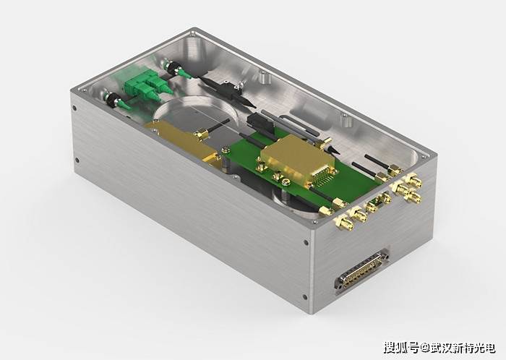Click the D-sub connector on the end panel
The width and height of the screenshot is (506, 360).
tap(362, 271)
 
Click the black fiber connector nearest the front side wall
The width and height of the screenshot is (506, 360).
tap(113, 100)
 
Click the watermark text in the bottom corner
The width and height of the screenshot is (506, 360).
tap(439, 348)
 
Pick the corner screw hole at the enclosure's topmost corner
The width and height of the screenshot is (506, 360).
tap(193, 33)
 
